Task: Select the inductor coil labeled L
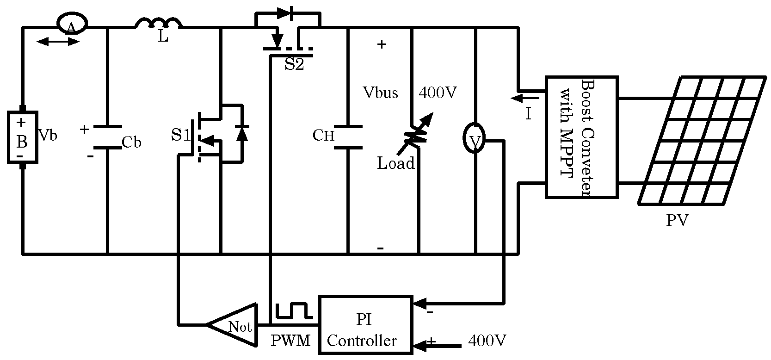pyautogui.click(x=159, y=24)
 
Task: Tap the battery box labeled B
pyautogui.click(x=22, y=137)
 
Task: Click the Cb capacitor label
pyautogui.click(x=131, y=143)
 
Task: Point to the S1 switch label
pyautogui.click(x=181, y=135)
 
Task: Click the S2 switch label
pyautogui.click(x=294, y=64)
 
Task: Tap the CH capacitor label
pyautogui.click(x=323, y=136)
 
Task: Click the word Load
pyautogui.click(x=395, y=163)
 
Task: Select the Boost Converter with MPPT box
pyautogui.click(x=582, y=137)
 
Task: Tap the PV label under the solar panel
pyautogui.click(x=677, y=220)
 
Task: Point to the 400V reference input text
pyautogui.click(x=487, y=341)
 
